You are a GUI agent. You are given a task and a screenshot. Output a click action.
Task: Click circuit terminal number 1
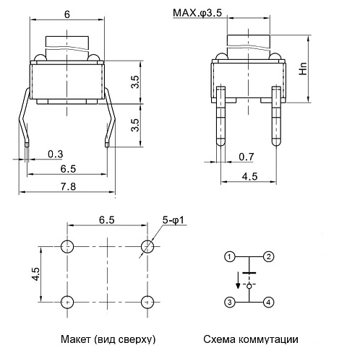[229, 256]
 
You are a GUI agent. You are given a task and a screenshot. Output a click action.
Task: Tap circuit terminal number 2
[268, 256]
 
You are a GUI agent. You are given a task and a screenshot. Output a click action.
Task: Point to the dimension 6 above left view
[67, 14]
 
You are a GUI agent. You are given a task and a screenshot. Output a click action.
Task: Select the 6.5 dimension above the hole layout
[106, 219]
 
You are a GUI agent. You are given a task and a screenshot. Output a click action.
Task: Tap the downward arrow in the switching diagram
[238, 282]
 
